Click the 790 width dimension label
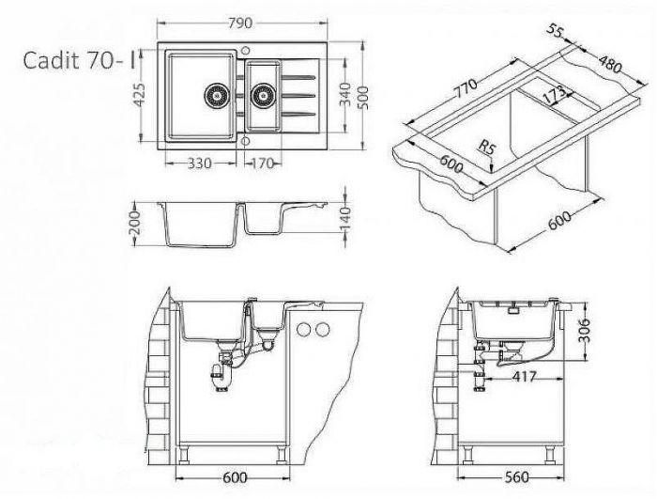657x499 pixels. tap(241, 23)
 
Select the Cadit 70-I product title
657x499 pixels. tap(80, 60)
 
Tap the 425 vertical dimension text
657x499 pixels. tap(140, 94)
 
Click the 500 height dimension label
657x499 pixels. tap(363, 98)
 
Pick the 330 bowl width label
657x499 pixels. tap(199, 164)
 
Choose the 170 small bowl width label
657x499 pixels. tap(262, 164)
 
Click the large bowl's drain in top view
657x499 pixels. tap(217, 96)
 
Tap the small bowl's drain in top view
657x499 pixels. tap(263, 96)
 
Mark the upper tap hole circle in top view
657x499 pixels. tap(246, 50)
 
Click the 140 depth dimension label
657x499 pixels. tap(345, 219)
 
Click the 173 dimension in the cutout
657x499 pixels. tap(554, 95)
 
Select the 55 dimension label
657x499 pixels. tap(555, 31)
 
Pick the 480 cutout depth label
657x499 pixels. tap(609, 64)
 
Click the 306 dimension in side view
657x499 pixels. tap(583, 330)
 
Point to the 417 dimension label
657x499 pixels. tap(524, 377)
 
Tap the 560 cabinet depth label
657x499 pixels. tap(516, 477)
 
